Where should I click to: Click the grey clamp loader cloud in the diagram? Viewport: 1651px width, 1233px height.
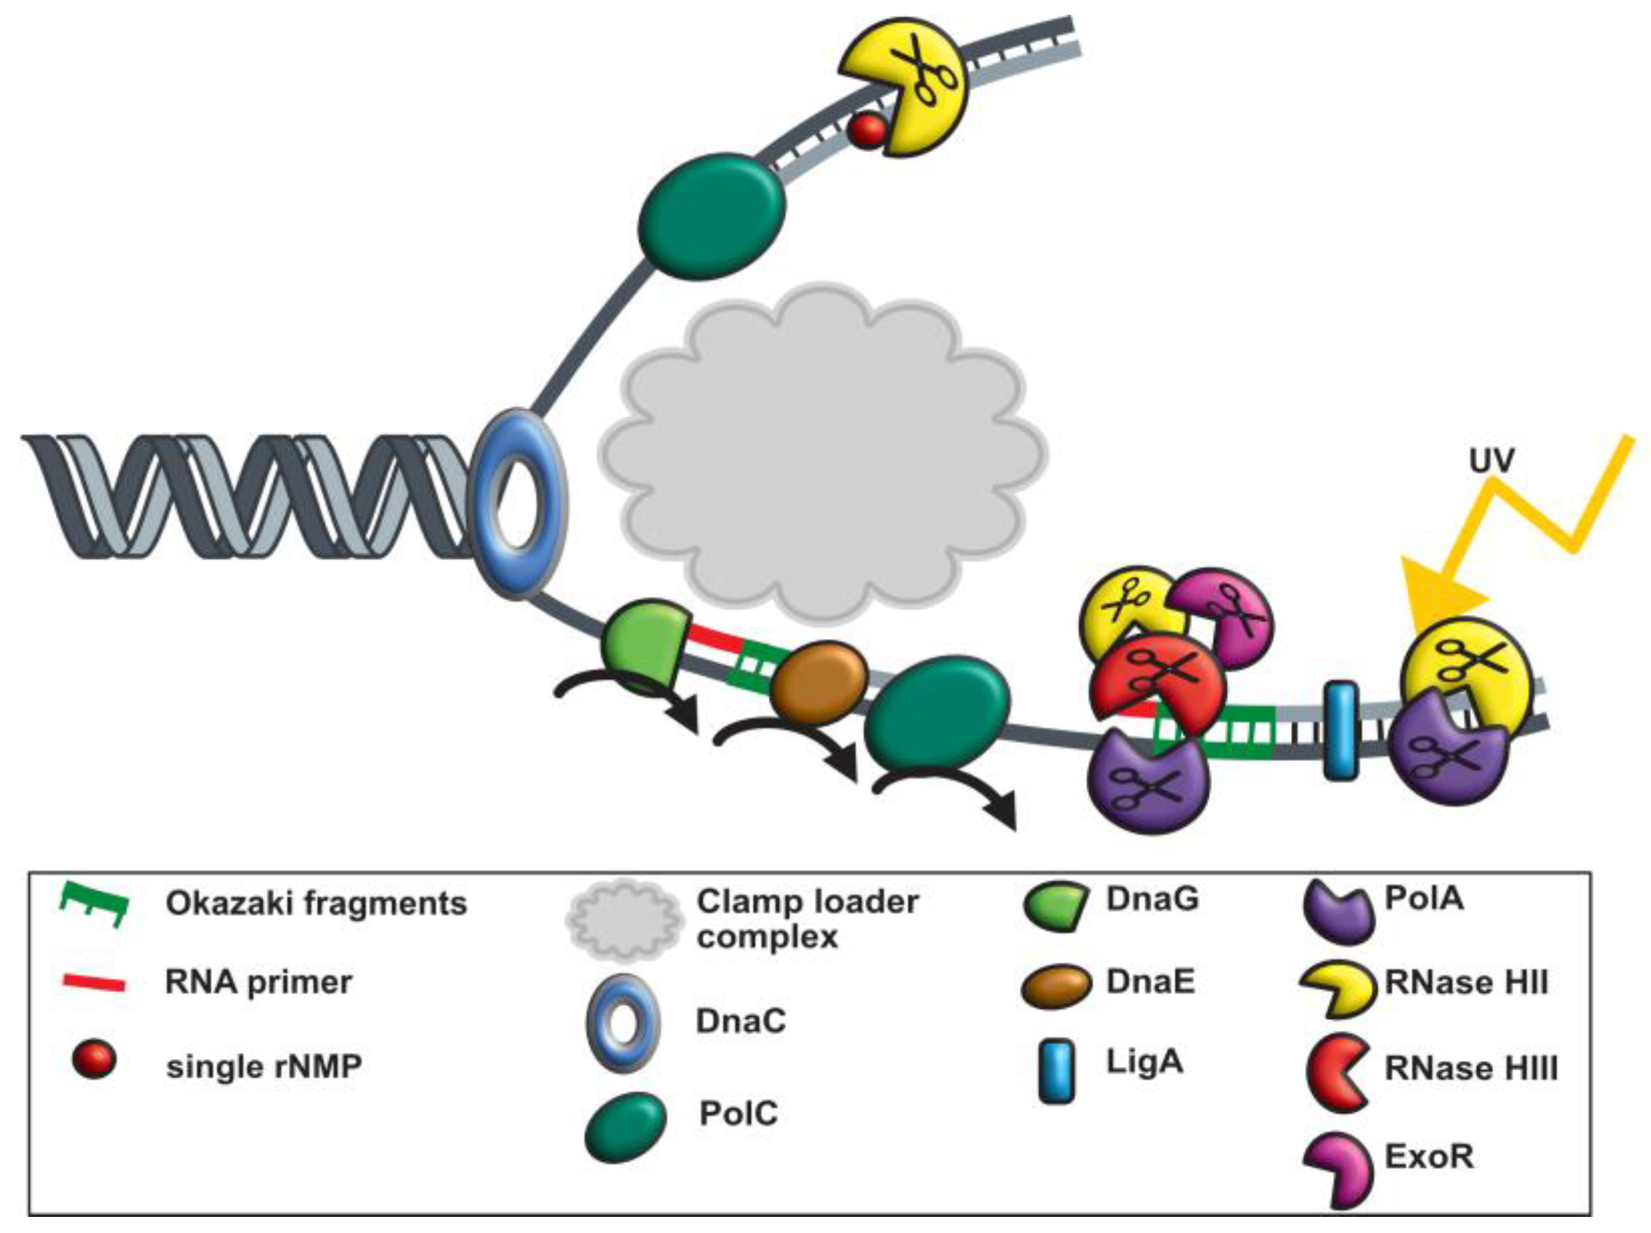click(x=821, y=456)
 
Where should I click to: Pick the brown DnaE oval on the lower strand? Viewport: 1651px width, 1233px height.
click(x=818, y=683)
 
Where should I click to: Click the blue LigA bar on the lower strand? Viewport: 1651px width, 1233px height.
click(x=1340, y=731)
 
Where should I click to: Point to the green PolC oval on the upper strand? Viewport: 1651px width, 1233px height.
click(x=712, y=217)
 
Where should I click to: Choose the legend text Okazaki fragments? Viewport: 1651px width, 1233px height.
click(x=317, y=904)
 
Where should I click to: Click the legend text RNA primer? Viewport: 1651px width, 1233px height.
click(x=258, y=983)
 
